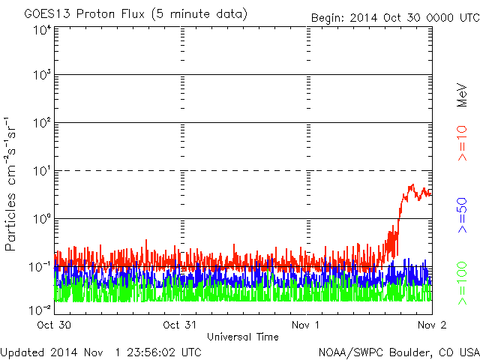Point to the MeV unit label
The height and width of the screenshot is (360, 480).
click(463, 94)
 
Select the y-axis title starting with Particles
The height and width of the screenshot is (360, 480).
click(12, 184)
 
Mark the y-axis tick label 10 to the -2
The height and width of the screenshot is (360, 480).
click(39, 309)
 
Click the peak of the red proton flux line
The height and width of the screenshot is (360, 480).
click(411, 184)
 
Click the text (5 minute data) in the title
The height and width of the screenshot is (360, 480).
click(202, 14)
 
